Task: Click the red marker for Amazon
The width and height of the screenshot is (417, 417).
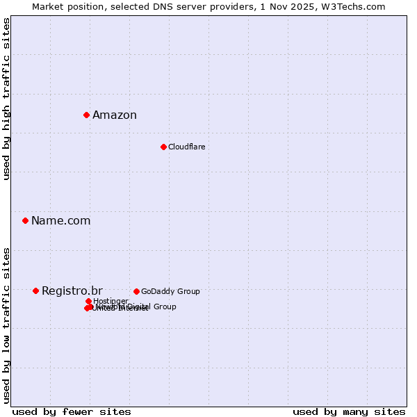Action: coord(86,115)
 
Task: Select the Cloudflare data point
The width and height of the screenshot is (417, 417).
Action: coord(163,147)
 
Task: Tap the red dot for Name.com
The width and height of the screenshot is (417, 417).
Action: coord(25,220)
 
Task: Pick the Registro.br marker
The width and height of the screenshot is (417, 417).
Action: coord(35,291)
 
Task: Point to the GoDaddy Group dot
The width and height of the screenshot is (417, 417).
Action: coord(136,291)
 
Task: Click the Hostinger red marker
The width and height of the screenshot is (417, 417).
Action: coord(88,301)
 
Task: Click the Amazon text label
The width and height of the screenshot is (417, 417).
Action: coord(115,115)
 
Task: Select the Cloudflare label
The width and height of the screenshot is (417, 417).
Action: coord(186,147)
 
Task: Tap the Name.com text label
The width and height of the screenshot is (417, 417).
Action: coord(60,221)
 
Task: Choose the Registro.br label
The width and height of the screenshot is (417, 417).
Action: coord(72,291)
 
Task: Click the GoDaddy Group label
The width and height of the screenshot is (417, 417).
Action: coord(170,291)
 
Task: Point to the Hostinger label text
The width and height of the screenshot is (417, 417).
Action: coord(111,301)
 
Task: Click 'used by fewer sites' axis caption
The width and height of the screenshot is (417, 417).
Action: coord(72,411)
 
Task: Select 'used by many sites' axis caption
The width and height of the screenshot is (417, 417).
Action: coord(349,411)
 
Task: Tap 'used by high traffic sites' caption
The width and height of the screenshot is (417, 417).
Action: coord(7,99)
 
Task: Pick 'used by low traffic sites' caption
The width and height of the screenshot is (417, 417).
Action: coord(7,325)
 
